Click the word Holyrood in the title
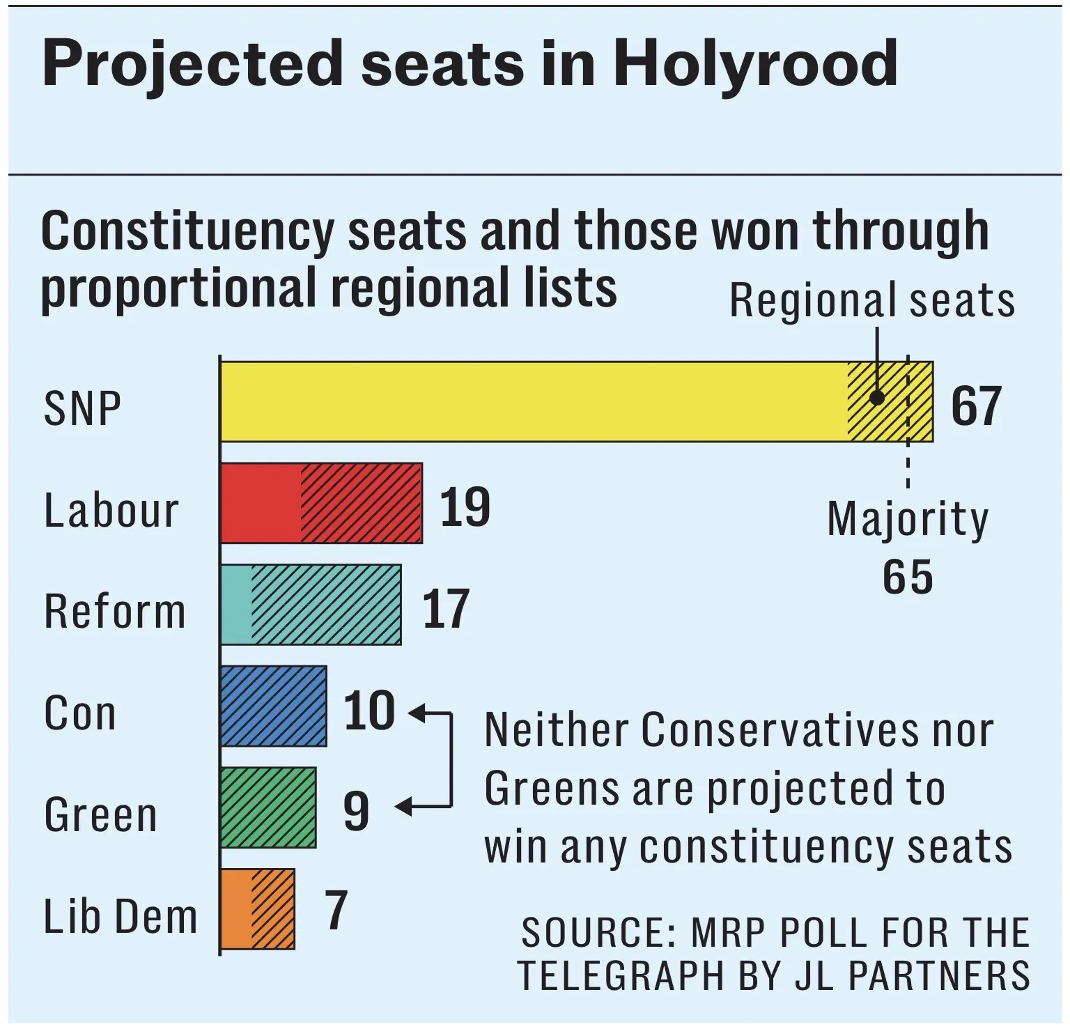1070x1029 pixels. click(x=755, y=63)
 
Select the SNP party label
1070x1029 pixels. click(x=82, y=408)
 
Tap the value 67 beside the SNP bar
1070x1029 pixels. click(x=977, y=405)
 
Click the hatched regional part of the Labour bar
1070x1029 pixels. click(x=362, y=503)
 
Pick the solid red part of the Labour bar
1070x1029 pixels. click(x=261, y=503)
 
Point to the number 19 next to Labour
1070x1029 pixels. click(x=465, y=507)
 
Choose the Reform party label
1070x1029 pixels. click(x=115, y=612)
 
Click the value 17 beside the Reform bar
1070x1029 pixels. click(x=447, y=609)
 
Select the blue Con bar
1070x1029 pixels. click(x=274, y=706)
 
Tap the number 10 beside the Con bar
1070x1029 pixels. click(x=370, y=711)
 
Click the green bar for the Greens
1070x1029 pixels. click(x=268, y=807)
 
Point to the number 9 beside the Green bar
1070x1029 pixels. click(x=356, y=811)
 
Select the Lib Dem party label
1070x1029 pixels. click(x=121, y=916)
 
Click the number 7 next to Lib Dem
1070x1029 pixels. click(x=336, y=910)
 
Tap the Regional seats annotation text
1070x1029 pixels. click(x=872, y=301)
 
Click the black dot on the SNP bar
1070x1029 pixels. click(x=877, y=398)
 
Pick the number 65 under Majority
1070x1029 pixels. click(x=908, y=577)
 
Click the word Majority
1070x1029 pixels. click(x=908, y=520)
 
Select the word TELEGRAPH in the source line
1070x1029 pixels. click(x=621, y=975)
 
